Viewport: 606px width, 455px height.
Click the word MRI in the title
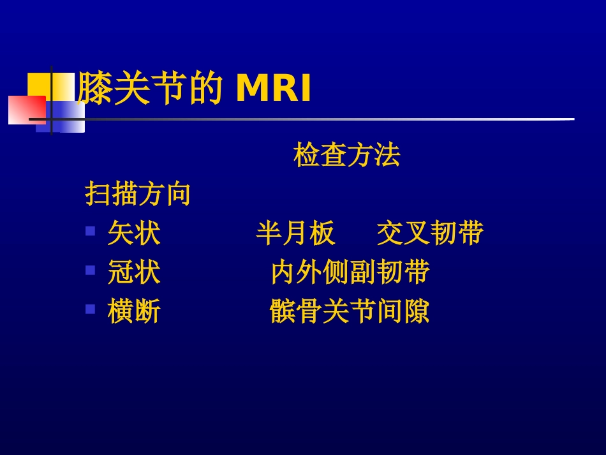[x=274, y=89]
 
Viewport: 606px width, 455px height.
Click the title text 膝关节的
[x=150, y=89]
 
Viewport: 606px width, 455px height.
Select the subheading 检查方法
[x=346, y=155]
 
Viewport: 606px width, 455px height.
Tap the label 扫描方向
[x=138, y=194]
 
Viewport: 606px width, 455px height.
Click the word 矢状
[x=134, y=234]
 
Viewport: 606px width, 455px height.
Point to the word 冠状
[x=134, y=272]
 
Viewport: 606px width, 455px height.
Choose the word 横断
[x=134, y=312]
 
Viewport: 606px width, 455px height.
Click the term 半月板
[x=295, y=234]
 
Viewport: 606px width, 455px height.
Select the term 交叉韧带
[x=430, y=234]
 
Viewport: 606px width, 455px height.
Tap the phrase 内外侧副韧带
[x=350, y=272]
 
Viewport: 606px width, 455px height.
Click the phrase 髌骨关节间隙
[x=350, y=312]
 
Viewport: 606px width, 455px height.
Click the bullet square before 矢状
[x=91, y=231]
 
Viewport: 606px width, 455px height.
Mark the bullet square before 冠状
[x=91, y=270]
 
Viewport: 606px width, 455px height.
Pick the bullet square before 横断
[x=91, y=310]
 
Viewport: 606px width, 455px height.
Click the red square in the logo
[x=24, y=110]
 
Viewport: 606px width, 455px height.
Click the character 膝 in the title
[x=95, y=89]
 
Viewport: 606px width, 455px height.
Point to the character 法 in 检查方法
[x=387, y=155]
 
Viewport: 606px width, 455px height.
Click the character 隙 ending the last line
[x=417, y=312]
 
